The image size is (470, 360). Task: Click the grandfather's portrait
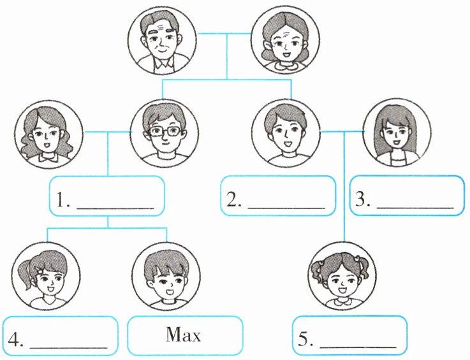[x=163, y=42]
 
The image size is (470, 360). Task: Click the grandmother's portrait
[x=283, y=42]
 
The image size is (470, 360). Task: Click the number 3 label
[x=364, y=199]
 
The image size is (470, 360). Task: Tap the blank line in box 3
[x=415, y=207]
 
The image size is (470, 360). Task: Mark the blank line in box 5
[x=357, y=349]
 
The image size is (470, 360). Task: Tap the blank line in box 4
[x=68, y=348]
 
